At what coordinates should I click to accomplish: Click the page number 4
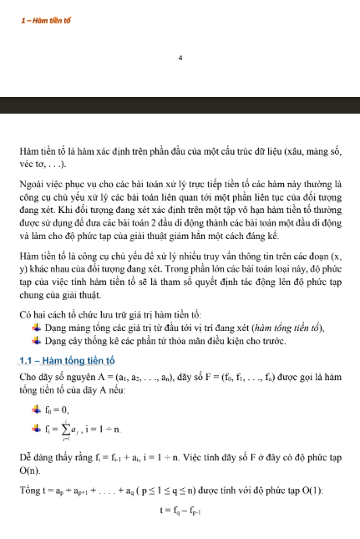pyautogui.click(x=180, y=58)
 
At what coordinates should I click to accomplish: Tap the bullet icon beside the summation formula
pyautogui.click(x=37, y=429)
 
